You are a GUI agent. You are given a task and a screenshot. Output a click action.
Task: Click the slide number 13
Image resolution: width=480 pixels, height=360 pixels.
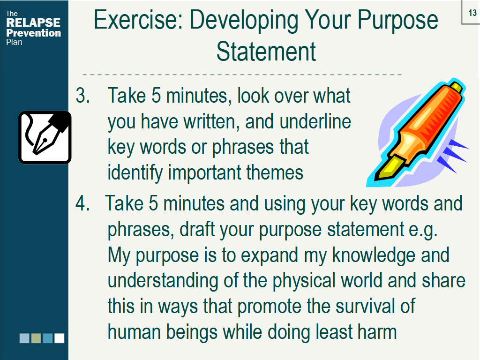[472, 13]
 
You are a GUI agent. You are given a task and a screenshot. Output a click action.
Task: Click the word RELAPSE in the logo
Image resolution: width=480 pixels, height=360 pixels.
[33, 22]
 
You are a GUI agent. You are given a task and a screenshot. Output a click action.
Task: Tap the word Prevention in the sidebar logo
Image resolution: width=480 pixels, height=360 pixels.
[33, 33]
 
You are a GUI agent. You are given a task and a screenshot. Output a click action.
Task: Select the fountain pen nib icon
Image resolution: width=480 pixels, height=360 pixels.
[45, 137]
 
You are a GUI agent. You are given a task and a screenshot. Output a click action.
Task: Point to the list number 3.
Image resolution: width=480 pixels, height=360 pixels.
[82, 96]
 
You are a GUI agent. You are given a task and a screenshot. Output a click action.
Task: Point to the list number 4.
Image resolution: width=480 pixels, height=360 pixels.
[82, 203]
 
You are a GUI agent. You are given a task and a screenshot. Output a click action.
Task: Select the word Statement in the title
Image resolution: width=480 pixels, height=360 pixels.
[266, 52]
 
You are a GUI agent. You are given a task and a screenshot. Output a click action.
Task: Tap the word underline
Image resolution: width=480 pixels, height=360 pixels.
[315, 121]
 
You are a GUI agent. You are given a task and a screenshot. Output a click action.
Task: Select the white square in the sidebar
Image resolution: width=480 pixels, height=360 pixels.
[59, 338]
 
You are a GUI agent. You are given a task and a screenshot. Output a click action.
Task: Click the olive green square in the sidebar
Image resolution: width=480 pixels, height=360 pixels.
[36, 338]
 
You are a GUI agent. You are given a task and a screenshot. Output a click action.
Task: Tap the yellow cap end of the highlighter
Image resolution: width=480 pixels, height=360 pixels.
[456, 87]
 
